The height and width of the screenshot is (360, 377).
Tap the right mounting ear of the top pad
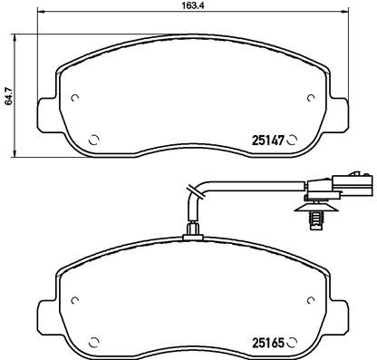338,115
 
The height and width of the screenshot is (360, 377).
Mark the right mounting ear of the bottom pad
338,316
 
